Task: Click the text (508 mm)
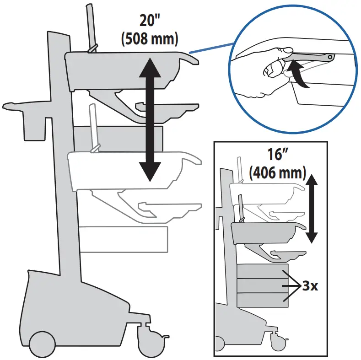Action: [149, 39]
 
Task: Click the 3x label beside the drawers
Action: [310, 287]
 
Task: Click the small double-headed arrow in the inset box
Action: [312, 208]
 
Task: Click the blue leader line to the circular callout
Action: [210, 48]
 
